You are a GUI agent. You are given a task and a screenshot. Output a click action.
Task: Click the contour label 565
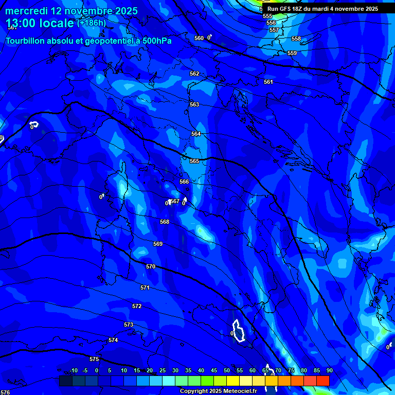click(x=194, y=161)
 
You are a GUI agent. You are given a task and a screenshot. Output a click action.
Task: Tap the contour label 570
click(x=150, y=266)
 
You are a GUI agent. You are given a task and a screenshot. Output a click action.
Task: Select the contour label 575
click(x=94, y=359)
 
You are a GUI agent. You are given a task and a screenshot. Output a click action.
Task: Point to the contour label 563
click(x=194, y=104)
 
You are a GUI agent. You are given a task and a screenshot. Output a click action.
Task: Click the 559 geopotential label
click(x=292, y=53)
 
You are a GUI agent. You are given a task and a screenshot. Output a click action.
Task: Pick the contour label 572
click(x=136, y=306)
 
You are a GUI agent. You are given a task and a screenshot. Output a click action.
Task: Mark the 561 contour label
click(x=268, y=82)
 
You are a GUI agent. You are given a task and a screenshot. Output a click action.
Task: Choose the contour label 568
click(x=164, y=222)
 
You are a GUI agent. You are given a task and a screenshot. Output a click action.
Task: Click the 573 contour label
click(x=129, y=325)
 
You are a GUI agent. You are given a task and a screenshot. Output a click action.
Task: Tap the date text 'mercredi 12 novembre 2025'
click(x=71, y=11)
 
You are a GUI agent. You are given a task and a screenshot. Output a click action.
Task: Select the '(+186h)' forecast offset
click(x=92, y=23)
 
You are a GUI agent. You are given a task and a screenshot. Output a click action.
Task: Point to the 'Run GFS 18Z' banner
click(x=322, y=9)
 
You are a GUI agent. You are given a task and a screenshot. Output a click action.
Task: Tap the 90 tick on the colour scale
click(x=329, y=370)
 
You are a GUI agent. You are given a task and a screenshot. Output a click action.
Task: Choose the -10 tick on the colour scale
click(x=74, y=370)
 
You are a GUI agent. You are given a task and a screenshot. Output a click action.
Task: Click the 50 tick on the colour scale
click(x=227, y=370)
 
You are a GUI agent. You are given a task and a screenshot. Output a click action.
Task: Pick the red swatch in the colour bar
click(x=323, y=381)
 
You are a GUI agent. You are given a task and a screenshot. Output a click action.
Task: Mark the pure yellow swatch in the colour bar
click(x=233, y=381)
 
